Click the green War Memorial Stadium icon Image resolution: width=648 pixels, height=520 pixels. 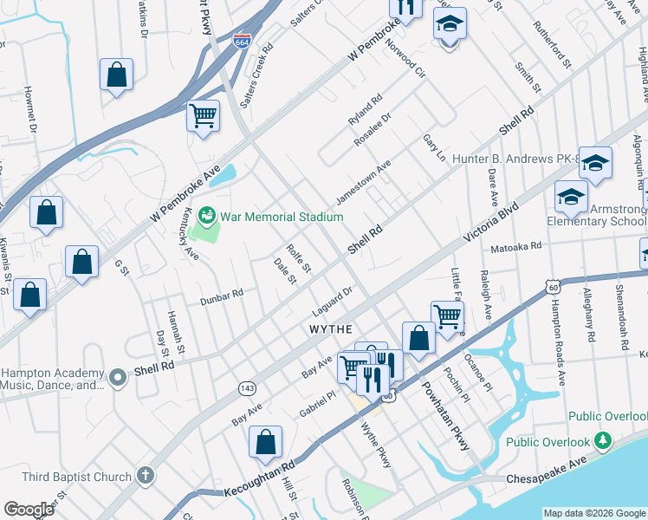click(x=207, y=214)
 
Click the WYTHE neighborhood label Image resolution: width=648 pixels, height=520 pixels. click(x=331, y=329)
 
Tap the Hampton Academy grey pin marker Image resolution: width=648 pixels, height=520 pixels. click(x=118, y=375)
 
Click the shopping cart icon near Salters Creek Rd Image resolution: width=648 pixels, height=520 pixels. click(x=203, y=114)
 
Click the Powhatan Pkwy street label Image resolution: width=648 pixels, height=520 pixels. click(x=446, y=415)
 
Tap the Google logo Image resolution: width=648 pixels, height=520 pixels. click(x=29, y=510)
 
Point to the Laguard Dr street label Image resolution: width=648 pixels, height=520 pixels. click(x=332, y=302)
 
